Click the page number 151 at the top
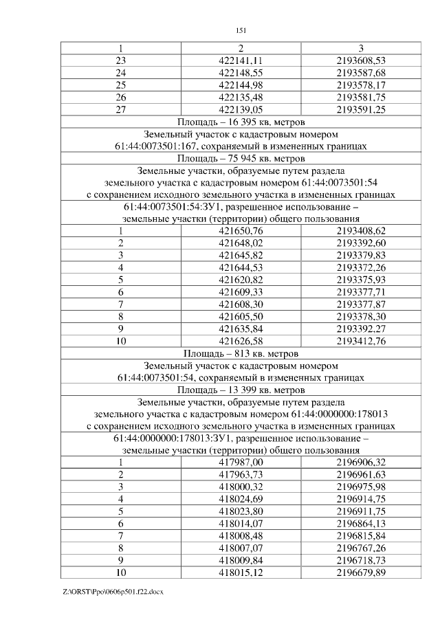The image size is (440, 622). pyautogui.click(x=241, y=30)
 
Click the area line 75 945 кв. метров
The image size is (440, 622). pyautogui.click(x=241, y=158)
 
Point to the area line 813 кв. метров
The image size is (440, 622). pyautogui.click(x=241, y=353)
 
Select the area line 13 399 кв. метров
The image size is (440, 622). pyautogui.click(x=241, y=389)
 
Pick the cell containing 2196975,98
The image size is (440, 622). pyautogui.click(x=361, y=487)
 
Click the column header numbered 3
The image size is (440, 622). pyautogui.click(x=361, y=48)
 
